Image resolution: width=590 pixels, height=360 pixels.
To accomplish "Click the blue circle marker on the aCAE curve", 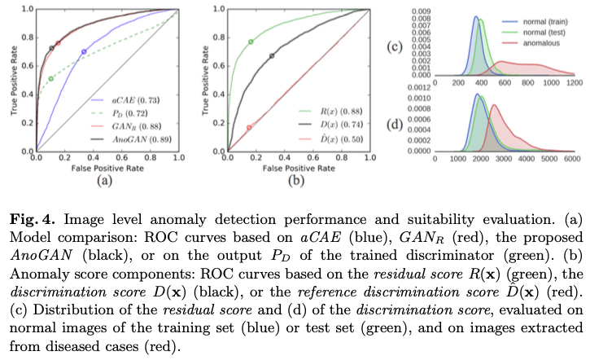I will [83, 52].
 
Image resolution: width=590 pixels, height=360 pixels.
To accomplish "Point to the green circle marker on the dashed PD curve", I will [51, 78].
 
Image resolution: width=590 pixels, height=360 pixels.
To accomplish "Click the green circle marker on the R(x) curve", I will [251, 42].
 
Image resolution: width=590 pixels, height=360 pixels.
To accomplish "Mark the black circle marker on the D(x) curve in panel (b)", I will [272, 55].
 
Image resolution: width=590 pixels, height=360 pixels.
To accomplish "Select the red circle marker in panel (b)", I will [249, 128].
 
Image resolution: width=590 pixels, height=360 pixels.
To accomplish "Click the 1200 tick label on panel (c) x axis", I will [575, 83].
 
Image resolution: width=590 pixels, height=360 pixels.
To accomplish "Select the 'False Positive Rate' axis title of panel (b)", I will [291, 167].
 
